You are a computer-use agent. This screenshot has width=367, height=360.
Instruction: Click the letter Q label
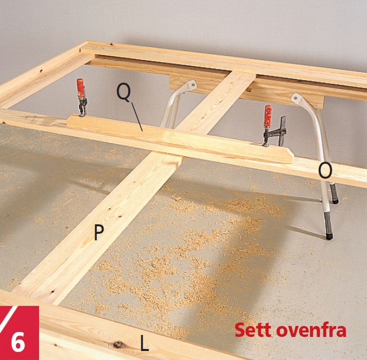click(124, 92)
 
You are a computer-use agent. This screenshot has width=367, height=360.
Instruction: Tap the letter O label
click(325, 171)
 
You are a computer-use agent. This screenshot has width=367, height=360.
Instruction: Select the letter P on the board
click(99, 232)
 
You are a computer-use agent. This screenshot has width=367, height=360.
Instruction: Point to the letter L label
click(144, 342)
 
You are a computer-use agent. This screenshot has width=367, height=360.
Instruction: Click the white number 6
click(18, 342)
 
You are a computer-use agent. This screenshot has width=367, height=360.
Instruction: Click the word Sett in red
click(253, 330)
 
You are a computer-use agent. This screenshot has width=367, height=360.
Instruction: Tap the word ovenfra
click(311, 330)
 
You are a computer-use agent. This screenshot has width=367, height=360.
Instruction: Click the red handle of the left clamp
click(80, 88)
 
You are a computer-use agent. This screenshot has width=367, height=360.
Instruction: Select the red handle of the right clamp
click(268, 115)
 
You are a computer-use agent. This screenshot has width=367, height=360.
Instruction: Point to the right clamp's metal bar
click(282, 131)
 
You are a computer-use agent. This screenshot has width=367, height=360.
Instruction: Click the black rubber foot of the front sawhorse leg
click(329, 236)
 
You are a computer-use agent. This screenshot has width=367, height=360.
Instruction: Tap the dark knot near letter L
click(119, 344)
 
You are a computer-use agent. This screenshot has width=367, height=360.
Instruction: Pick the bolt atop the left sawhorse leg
click(193, 84)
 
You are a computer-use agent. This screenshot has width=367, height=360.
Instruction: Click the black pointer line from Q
click(137, 117)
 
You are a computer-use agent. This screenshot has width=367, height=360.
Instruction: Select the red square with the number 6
click(19, 333)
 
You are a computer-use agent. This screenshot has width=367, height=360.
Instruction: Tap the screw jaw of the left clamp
click(82, 110)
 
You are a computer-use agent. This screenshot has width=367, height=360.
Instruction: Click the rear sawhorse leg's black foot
click(335, 201)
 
